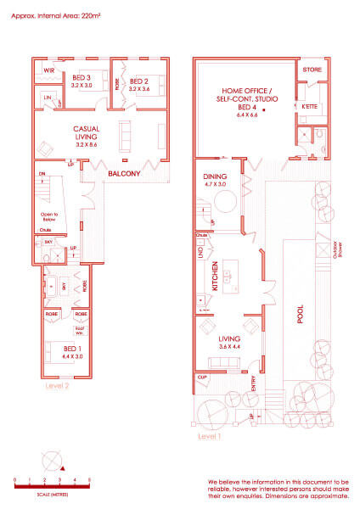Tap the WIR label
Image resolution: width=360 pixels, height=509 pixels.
click(49, 71)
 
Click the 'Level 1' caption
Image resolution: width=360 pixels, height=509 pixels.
click(208, 438)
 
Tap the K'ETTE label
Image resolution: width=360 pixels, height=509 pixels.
click(309, 108)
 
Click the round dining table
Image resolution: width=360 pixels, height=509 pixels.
click(226, 202)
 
